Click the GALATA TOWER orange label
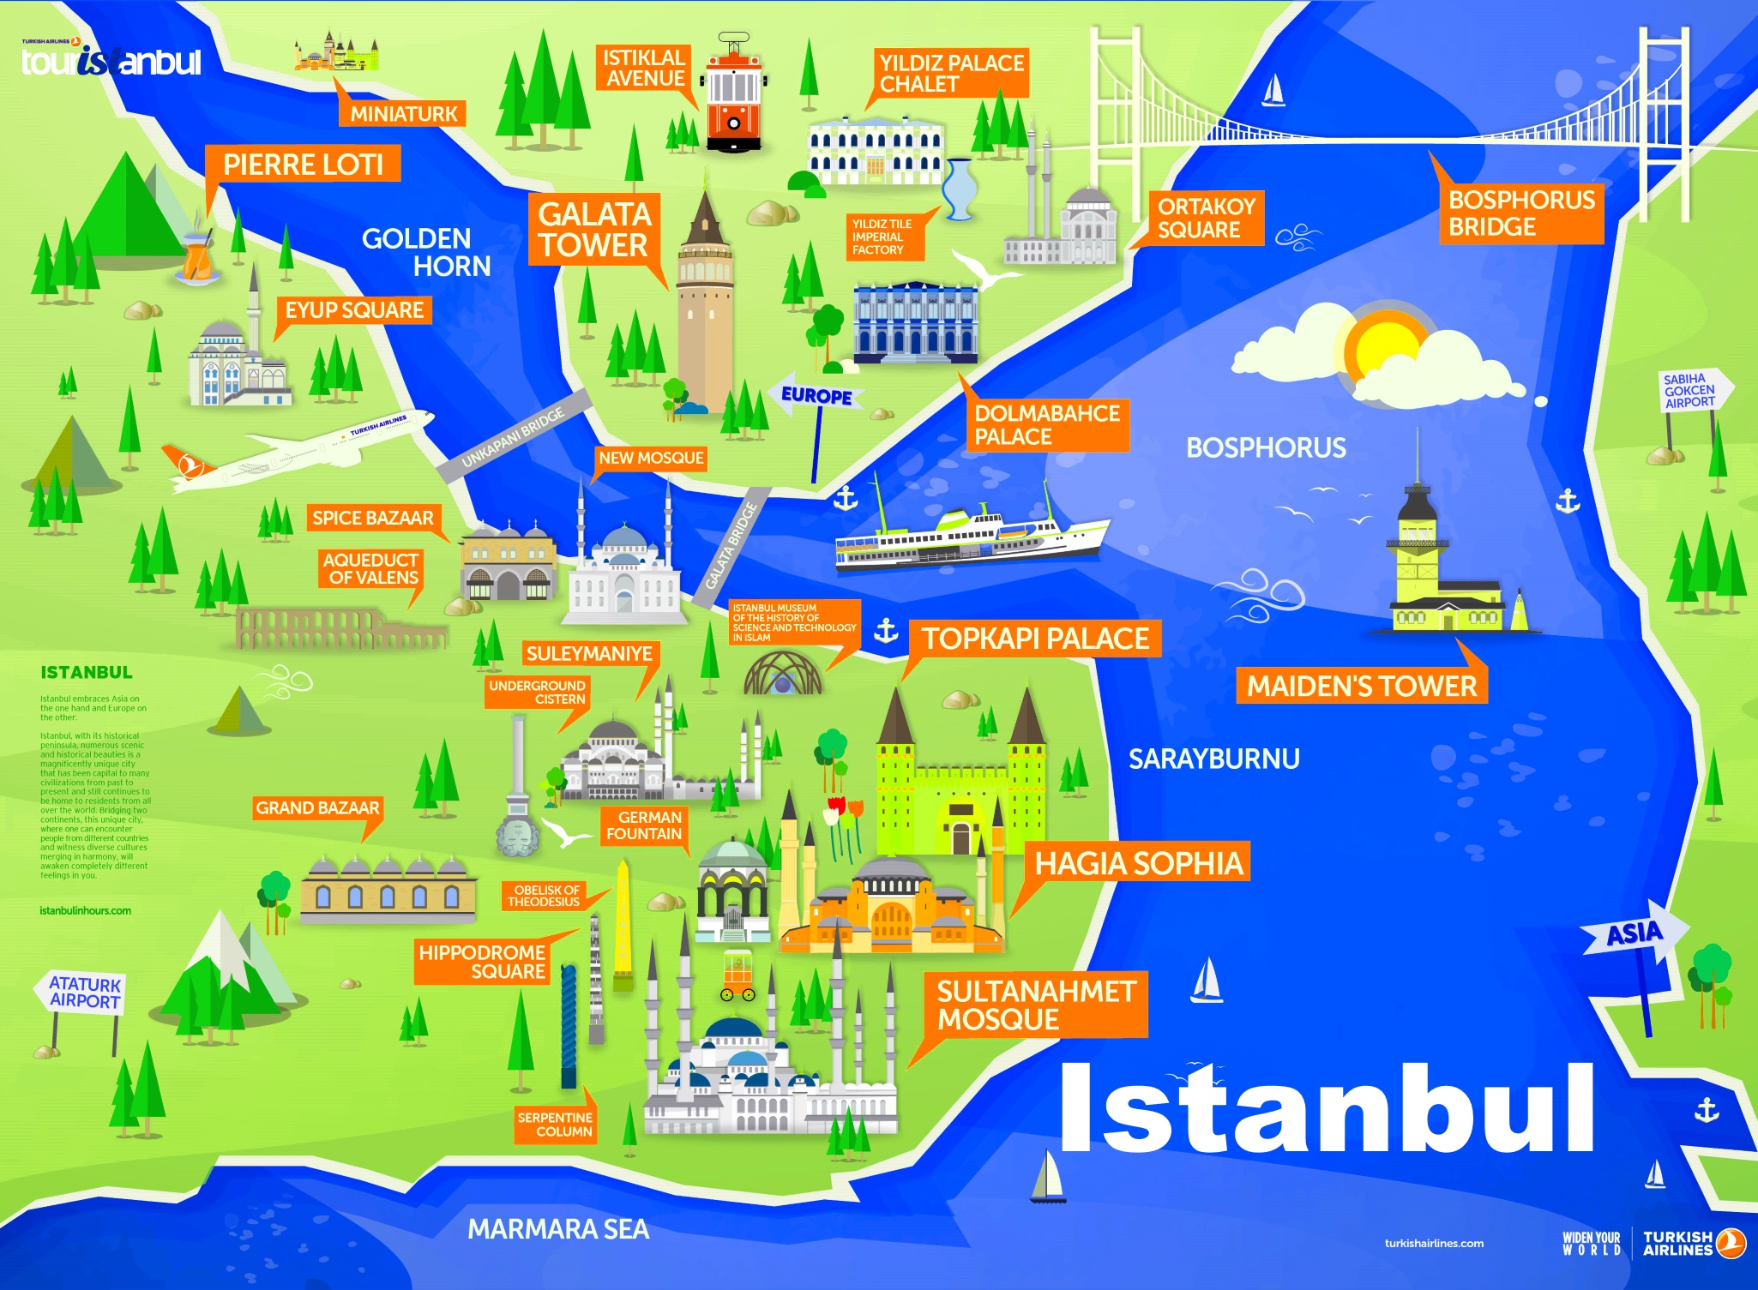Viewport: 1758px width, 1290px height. pos(594,230)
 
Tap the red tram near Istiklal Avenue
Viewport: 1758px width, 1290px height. pos(733,98)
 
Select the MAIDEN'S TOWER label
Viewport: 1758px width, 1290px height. pos(1361,686)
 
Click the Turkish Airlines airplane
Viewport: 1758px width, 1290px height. pos(300,450)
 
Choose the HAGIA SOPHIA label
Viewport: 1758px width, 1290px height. pos(1138,862)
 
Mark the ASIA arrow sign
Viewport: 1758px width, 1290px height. pos(1635,933)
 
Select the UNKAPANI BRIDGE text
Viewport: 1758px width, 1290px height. pos(513,437)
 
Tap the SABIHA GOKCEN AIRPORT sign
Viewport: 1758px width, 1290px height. pos(1691,391)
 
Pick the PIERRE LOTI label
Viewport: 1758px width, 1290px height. pos(303,164)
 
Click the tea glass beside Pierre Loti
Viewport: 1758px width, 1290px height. pos(197,256)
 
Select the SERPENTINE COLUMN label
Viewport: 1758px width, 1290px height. pos(554,1124)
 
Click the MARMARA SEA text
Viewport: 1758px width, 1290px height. pos(557,1229)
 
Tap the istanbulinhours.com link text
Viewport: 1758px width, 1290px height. pos(85,910)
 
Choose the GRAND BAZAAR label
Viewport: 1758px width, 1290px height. pos(317,807)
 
